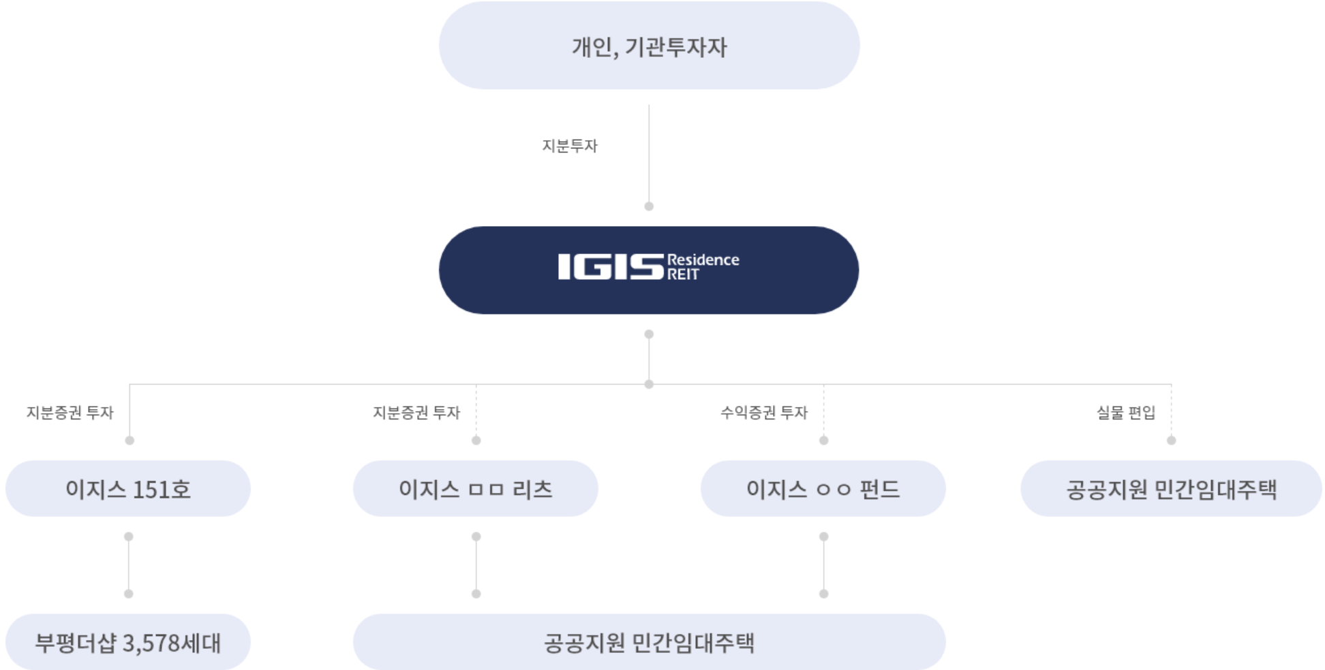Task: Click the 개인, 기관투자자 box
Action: click(649, 46)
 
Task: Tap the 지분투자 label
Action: click(570, 146)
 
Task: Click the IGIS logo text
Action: click(610, 267)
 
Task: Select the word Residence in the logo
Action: click(703, 259)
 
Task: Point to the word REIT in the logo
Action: click(683, 274)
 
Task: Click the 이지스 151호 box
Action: click(128, 489)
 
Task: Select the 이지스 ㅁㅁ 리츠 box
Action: click(476, 489)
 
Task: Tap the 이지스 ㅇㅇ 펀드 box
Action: click(823, 489)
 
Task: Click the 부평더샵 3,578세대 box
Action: click(128, 642)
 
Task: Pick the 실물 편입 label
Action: click(1125, 413)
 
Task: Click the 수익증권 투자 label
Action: click(763, 413)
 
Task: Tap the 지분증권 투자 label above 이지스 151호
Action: click(70, 413)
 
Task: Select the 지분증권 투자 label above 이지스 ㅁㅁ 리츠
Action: click(416, 413)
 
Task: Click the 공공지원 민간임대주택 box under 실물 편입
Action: click(1171, 489)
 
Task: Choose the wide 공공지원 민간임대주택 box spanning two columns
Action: click(649, 642)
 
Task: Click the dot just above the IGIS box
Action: click(649, 206)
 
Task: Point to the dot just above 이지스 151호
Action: click(130, 441)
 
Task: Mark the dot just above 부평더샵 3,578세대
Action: click(129, 594)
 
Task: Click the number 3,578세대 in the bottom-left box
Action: click(172, 643)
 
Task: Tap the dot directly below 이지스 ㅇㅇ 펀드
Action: click(823, 537)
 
